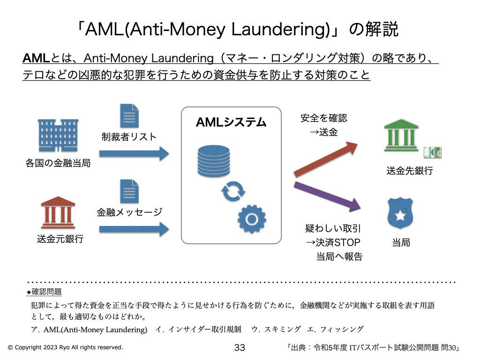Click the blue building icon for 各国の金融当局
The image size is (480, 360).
59,136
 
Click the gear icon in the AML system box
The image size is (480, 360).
251,218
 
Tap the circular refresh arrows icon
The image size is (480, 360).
233,192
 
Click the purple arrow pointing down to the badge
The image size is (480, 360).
327,195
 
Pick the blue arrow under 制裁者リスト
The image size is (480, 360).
134,153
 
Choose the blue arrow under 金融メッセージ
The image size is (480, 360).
134,229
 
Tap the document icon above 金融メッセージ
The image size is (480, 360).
129,191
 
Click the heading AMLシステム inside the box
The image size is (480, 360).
231,123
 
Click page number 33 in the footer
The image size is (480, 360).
240,348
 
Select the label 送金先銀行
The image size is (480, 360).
409,171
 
